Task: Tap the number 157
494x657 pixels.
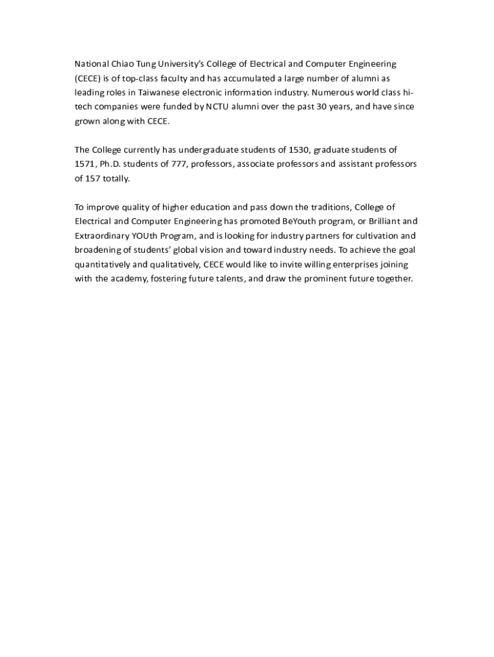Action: [x=92, y=178]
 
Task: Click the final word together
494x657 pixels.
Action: [x=393, y=278]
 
